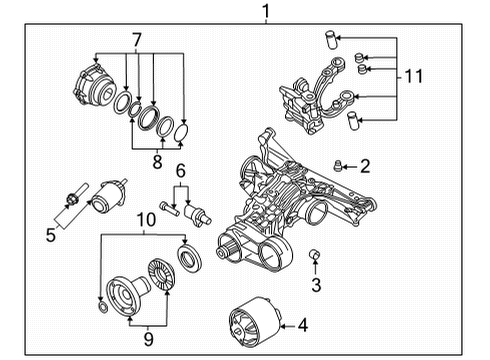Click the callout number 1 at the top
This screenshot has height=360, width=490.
click(x=266, y=12)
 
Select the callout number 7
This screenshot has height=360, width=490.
click(x=137, y=40)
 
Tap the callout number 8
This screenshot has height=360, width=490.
click(x=157, y=161)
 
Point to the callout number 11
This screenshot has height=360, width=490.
click(x=413, y=76)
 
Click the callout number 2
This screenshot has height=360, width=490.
click(x=365, y=166)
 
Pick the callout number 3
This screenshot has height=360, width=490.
click(x=316, y=285)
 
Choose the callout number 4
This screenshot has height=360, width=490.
click(x=303, y=325)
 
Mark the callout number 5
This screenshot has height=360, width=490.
click(x=51, y=235)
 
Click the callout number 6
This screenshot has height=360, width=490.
click(x=180, y=171)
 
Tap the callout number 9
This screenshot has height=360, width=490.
click(x=148, y=339)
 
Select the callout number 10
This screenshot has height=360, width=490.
click(x=146, y=220)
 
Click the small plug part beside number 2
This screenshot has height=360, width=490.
click(x=337, y=166)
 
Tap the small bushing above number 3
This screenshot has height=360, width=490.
click(x=314, y=254)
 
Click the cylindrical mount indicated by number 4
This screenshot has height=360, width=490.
click(x=255, y=323)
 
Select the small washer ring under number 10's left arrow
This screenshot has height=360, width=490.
click(x=103, y=308)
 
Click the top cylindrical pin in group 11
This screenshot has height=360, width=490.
click(x=330, y=40)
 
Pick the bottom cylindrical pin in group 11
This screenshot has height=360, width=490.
click(x=352, y=120)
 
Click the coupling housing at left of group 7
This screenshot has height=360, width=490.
click(x=93, y=85)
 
